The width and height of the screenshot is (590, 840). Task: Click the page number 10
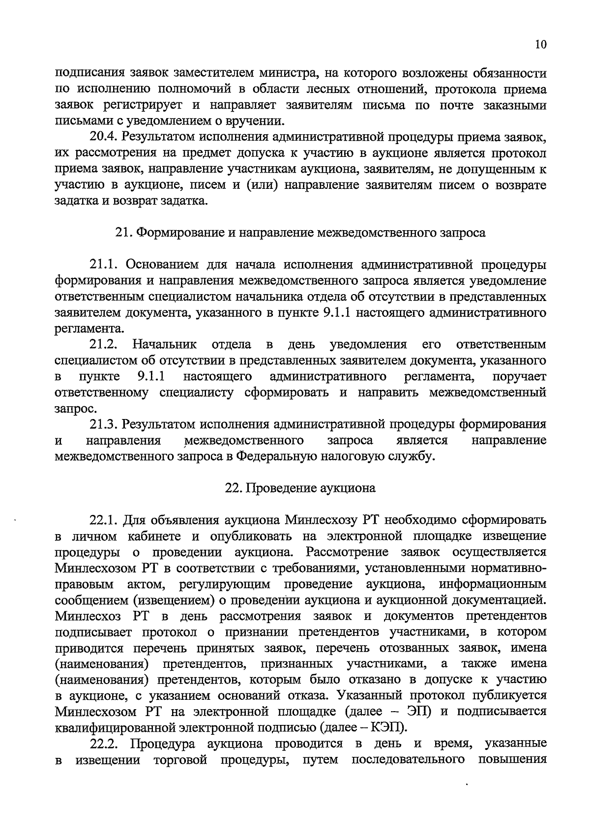(x=540, y=44)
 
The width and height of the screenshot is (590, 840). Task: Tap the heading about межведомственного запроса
(x=300, y=233)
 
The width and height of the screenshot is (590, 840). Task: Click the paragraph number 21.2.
(x=106, y=344)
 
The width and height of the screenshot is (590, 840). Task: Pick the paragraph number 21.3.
(x=105, y=424)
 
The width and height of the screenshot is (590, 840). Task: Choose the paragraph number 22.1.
(x=105, y=520)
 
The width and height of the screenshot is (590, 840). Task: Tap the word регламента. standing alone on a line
(x=88, y=328)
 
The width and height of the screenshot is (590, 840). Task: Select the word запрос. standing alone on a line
(x=76, y=408)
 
